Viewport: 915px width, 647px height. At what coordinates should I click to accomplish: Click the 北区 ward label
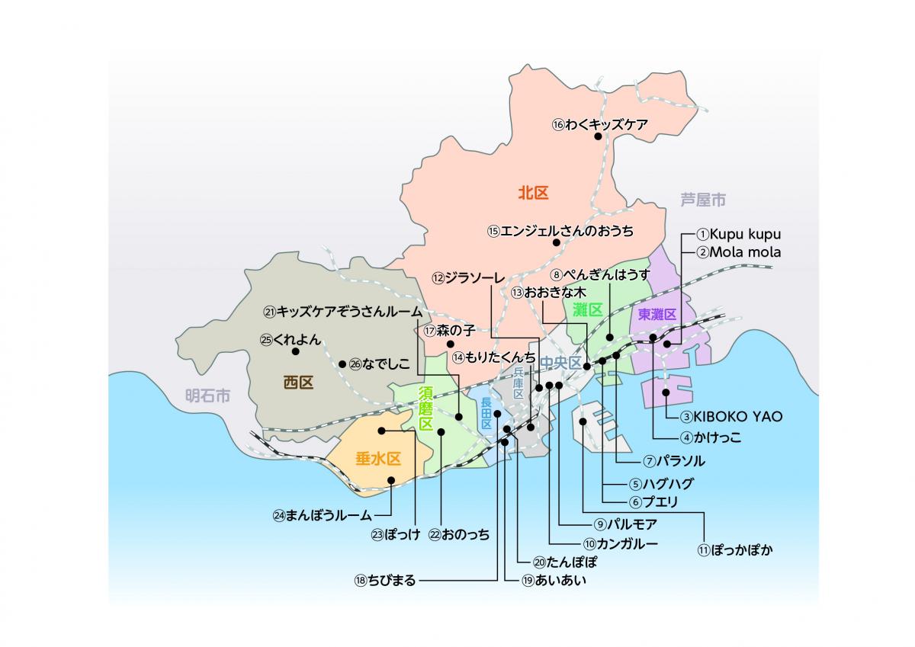533,193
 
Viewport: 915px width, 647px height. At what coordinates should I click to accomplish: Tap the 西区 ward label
298,383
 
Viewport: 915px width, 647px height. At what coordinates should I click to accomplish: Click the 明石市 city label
207,396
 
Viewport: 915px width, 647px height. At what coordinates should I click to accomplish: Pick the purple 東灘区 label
657,314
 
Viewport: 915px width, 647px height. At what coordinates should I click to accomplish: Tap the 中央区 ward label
560,363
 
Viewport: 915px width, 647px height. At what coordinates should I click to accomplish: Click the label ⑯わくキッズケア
599,123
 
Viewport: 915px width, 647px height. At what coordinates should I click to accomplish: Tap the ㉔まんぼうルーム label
322,515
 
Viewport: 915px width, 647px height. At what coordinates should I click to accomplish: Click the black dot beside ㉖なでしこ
342,364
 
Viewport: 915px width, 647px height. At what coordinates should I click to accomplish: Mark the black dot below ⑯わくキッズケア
599,137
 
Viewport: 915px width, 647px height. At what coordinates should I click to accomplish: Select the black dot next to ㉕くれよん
295,351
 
